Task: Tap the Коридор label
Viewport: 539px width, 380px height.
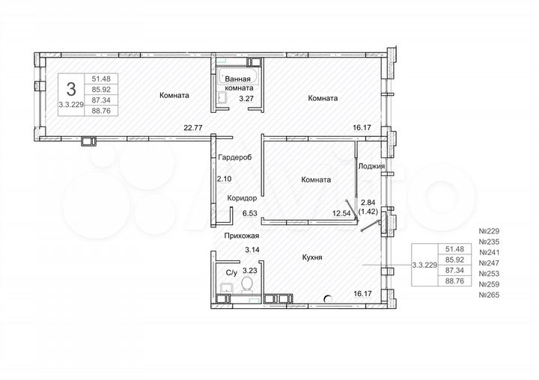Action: pyautogui.click(x=240, y=197)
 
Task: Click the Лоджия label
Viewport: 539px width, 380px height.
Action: pyautogui.click(x=372, y=166)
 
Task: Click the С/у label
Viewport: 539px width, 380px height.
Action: pyautogui.click(x=231, y=274)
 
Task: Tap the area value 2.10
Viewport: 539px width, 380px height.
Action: pyautogui.click(x=224, y=179)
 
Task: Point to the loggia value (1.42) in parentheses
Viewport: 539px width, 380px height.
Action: pyautogui.click(x=368, y=212)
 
